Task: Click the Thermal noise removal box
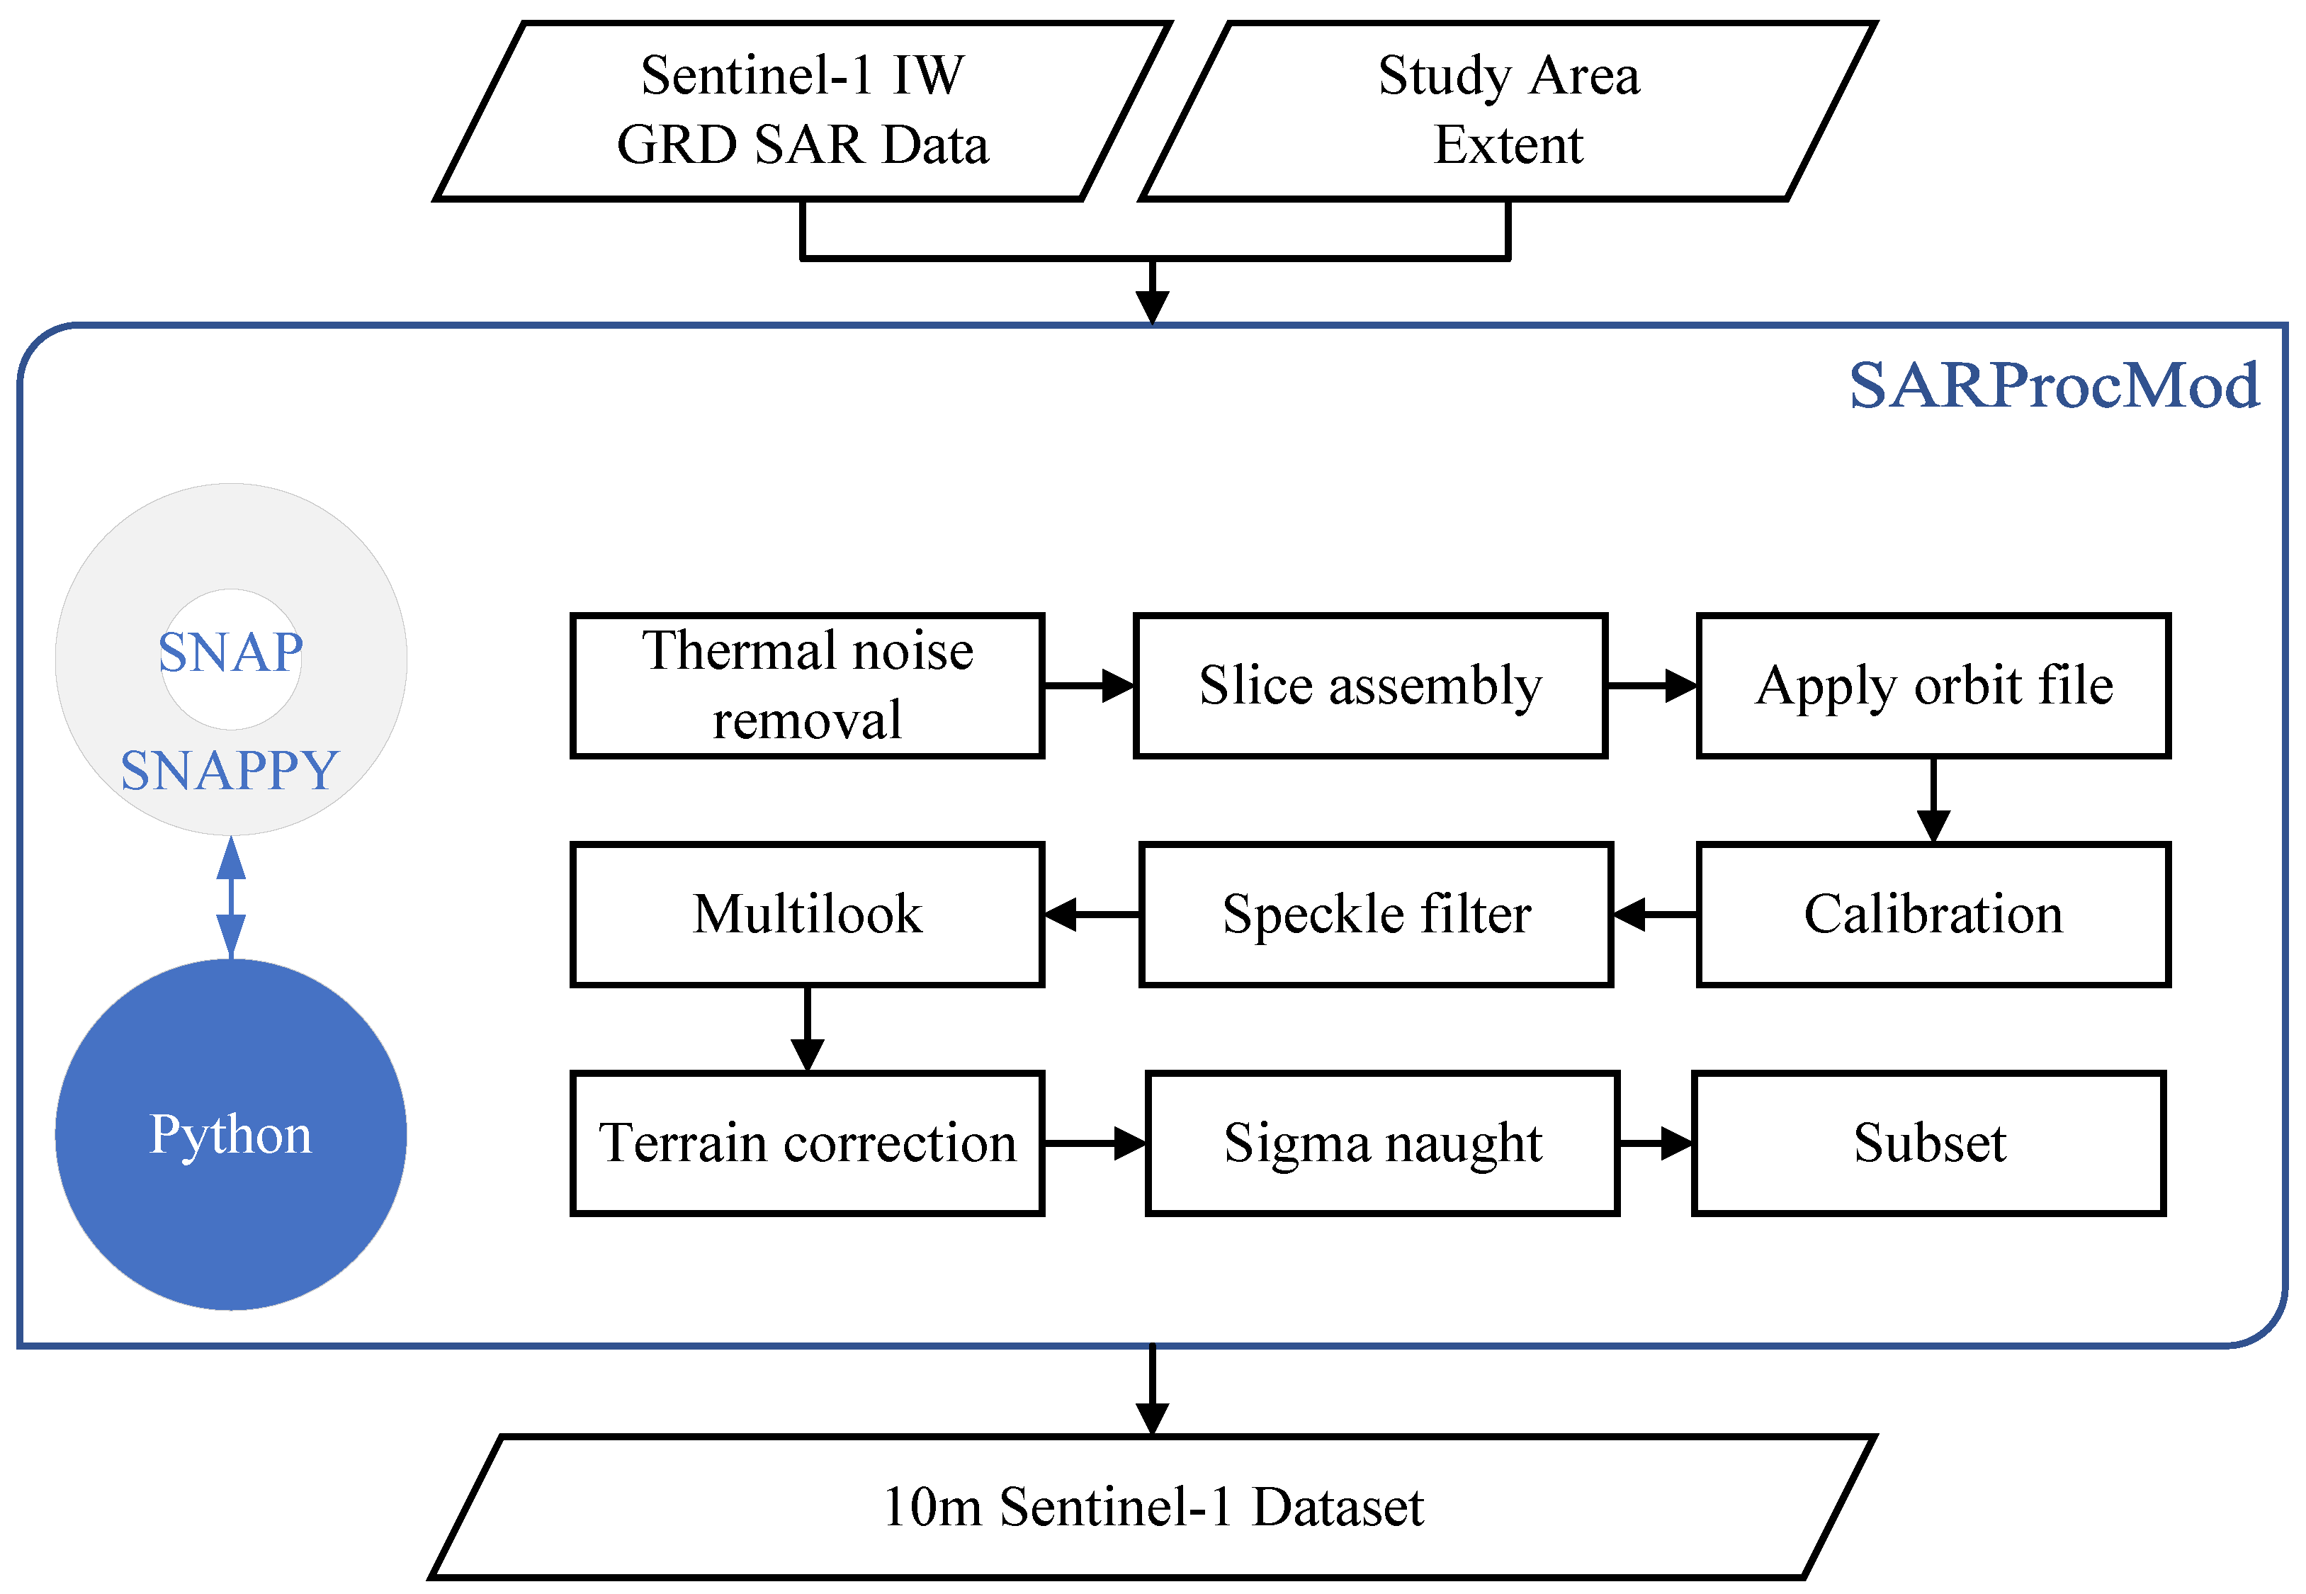pyautogui.click(x=807, y=685)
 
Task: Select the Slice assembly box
pyautogui.click(x=1369, y=685)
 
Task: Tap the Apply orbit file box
pyautogui.click(x=1933, y=685)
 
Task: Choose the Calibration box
pyautogui.click(x=1933, y=914)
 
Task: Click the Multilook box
pyautogui.click(x=807, y=914)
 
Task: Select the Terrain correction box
pyautogui.click(x=807, y=1143)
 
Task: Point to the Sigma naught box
pyautogui.click(x=1382, y=1143)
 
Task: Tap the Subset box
pyautogui.click(x=1928, y=1143)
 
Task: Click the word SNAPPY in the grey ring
pyautogui.click(x=231, y=770)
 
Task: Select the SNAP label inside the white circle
pyautogui.click(x=231, y=652)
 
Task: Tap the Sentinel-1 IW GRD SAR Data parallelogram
pyautogui.click(x=802, y=110)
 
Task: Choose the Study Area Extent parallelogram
pyautogui.click(x=1508, y=110)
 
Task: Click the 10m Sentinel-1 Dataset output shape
pyautogui.click(x=1153, y=1507)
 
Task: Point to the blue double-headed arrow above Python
pyautogui.click(x=232, y=897)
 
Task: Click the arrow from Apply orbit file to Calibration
pyautogui.click(x=1933, y=800)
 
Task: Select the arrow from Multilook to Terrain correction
pyautogui.click(x=807, y=1029)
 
